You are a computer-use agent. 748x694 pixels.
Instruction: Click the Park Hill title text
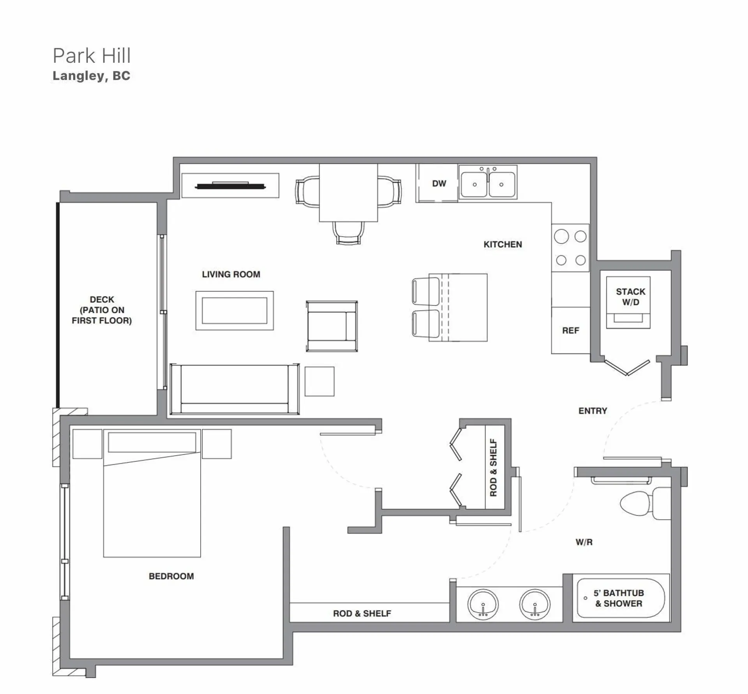tap(92, 56)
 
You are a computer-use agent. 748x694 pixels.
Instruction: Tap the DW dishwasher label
tap(439, 184)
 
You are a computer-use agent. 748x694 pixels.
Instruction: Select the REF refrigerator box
tap(570, 330)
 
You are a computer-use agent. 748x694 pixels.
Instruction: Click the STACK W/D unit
tap(628, 302)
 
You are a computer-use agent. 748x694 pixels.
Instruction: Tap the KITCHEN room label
tap(503, 244)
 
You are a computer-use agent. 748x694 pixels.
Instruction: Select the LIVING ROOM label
tap(231, 274)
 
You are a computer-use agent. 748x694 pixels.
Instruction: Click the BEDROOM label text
tap(171, 576)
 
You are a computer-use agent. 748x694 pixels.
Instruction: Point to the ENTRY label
tap(593, 411)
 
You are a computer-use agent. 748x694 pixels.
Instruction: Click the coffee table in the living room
tap(235, 311)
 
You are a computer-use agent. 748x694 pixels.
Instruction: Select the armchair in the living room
tap(332, 326)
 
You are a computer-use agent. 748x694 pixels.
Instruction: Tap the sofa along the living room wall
tap(235, 389)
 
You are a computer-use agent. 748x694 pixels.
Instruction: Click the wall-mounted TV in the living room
tap(230, 186)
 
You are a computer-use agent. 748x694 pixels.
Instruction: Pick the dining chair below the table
tap(348, 233)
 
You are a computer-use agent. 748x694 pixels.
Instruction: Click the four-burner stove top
tap(570, 248)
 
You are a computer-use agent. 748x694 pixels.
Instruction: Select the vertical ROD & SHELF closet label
tap(494, 468)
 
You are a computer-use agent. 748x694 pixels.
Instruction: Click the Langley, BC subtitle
tap(91, 76)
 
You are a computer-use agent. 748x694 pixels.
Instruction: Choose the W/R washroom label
tap(584, 542)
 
